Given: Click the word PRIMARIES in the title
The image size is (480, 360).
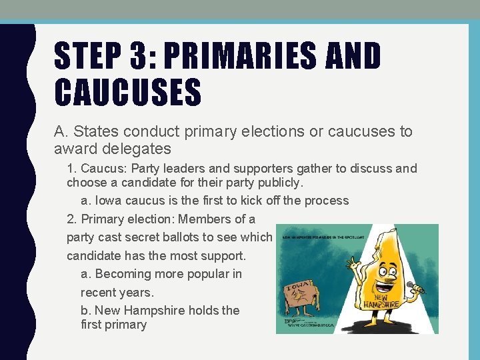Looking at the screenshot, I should pos(249,56).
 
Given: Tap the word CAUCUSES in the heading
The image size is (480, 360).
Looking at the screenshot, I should pos(127,92).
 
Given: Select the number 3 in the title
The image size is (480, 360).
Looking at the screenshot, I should pos(142,56).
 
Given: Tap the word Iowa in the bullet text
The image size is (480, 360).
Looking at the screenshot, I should pos(110,200).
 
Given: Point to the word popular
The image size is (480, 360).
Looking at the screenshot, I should pos(202,273).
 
